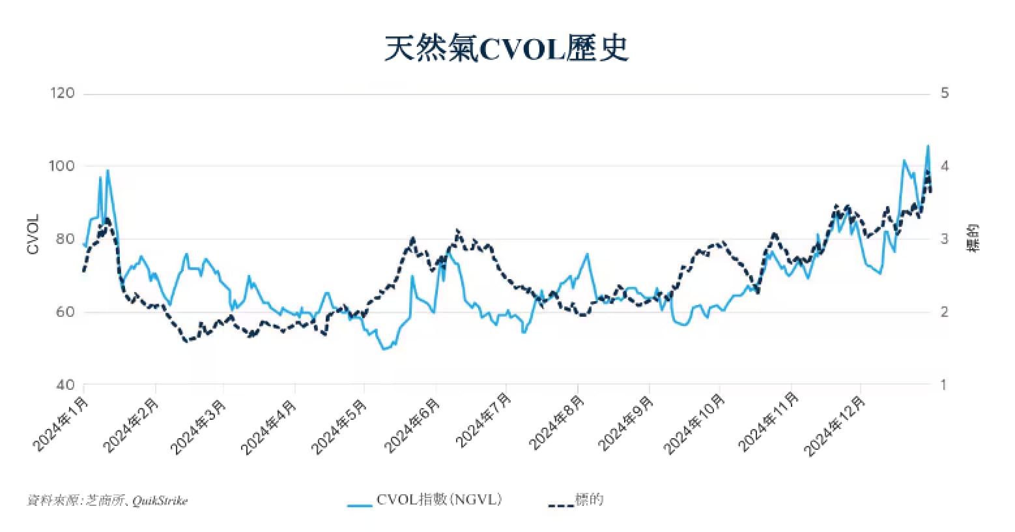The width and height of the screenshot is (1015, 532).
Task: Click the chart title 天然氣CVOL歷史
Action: point(506,49)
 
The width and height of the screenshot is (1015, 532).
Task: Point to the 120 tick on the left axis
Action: point(62,93)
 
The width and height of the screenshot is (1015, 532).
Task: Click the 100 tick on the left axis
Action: point(62,166)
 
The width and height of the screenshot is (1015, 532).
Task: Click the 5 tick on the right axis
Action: point(945,93)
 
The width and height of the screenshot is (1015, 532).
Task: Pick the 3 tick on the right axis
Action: point(945,239)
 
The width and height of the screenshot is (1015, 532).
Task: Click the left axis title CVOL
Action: point(33,235)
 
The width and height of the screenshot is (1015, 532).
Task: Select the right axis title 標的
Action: point(973,238)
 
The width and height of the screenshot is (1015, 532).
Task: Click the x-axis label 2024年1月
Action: point(59,424)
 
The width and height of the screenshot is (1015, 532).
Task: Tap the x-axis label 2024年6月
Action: point(410,426)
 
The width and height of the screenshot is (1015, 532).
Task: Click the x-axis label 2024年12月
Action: point(835,426)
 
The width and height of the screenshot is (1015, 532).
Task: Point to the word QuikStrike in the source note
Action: point(160,501)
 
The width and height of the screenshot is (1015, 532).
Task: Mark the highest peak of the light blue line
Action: point(928,145)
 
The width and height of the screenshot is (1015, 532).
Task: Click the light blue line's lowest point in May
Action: point(384,349)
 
